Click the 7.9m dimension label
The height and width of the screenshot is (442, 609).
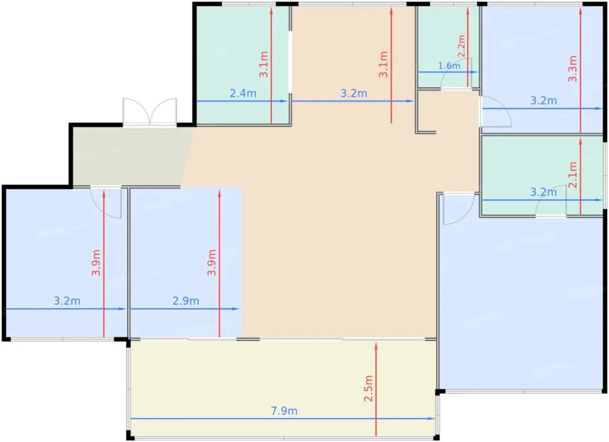click(x=284, y=411)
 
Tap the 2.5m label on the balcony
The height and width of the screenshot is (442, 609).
click(x=368, y=388)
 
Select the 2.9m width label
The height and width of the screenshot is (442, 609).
click(x=186, y=301)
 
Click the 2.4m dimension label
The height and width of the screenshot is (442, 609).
click(x=243, y=93)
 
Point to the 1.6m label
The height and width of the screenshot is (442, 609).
click(x=449, y=66)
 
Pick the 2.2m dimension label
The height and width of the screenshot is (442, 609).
click(x=462, y=46)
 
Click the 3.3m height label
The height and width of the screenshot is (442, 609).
click(x=572, y=69)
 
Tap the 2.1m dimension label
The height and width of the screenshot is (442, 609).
click(x=572, y=175)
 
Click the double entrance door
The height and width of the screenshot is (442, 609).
click(x=150, y=112)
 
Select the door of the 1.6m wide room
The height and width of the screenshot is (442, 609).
click(x=456, y=73)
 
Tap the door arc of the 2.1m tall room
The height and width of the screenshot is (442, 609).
click(x=551, y=201)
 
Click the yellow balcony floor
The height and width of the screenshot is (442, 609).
click(x=283, y=389)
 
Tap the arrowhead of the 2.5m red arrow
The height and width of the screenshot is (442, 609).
click(x=376, y=346)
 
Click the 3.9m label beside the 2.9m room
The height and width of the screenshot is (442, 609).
click(x=211, y=263)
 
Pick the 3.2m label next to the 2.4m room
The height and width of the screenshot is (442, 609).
click(x=354, y=93)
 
